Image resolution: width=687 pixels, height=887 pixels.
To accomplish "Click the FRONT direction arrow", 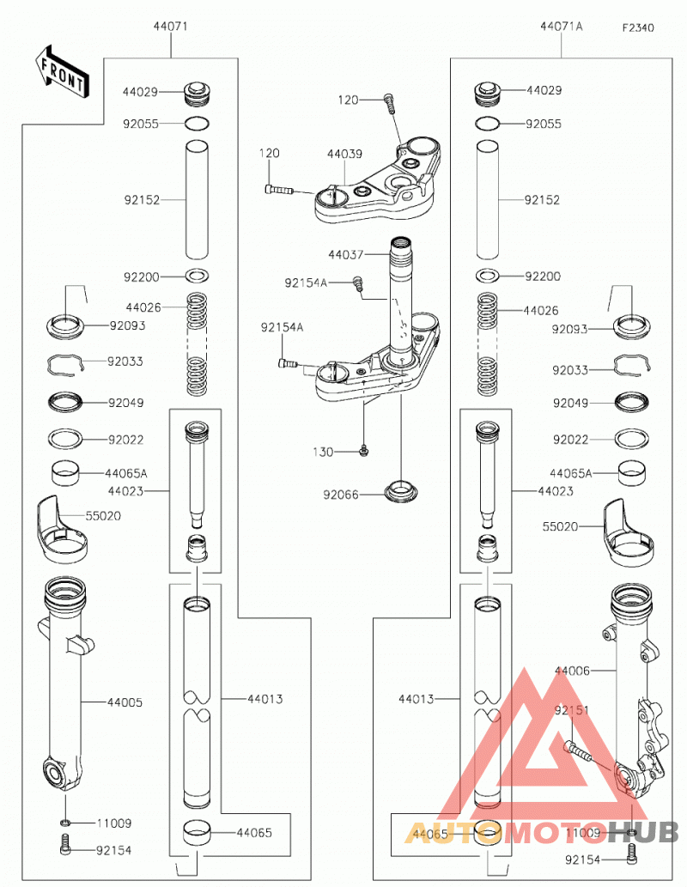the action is tap(61, 72).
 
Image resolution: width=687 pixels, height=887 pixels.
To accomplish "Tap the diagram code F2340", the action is tap(638, 27).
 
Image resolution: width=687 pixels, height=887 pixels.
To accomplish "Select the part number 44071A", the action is tap(561, 26).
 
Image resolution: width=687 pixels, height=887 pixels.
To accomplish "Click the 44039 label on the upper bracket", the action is tap(344, 154).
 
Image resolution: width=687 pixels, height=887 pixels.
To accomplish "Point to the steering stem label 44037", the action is tap(346, 255).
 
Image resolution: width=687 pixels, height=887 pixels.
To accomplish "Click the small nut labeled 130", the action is tap(364, 451).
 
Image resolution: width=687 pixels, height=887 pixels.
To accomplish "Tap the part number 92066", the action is tap(341, 495).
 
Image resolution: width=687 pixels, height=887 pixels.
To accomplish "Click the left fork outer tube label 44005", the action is tap(125, 702).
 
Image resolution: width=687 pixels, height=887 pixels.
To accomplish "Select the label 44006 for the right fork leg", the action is tap(572, 671).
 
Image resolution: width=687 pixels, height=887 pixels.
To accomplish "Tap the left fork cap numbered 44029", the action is tap(198, 94).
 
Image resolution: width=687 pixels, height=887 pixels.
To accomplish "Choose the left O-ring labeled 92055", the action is tap(198, 123).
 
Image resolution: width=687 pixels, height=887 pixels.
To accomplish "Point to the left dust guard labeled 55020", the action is tap(62, 530).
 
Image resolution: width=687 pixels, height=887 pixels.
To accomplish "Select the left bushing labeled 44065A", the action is tap(65, 474).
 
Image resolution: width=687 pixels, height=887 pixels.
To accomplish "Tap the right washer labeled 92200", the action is tap(487, 276).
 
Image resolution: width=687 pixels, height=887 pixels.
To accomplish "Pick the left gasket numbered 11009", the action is tap(65, 822).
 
